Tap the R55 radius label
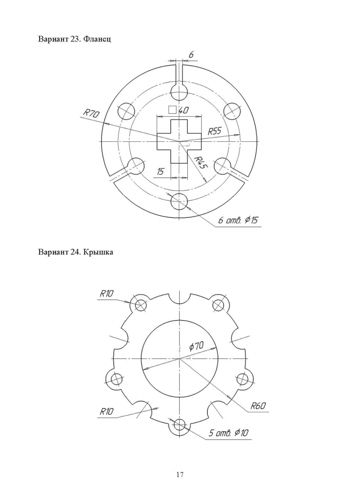[215, 131]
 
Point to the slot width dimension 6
[191, 55]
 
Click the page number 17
[180, 475]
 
